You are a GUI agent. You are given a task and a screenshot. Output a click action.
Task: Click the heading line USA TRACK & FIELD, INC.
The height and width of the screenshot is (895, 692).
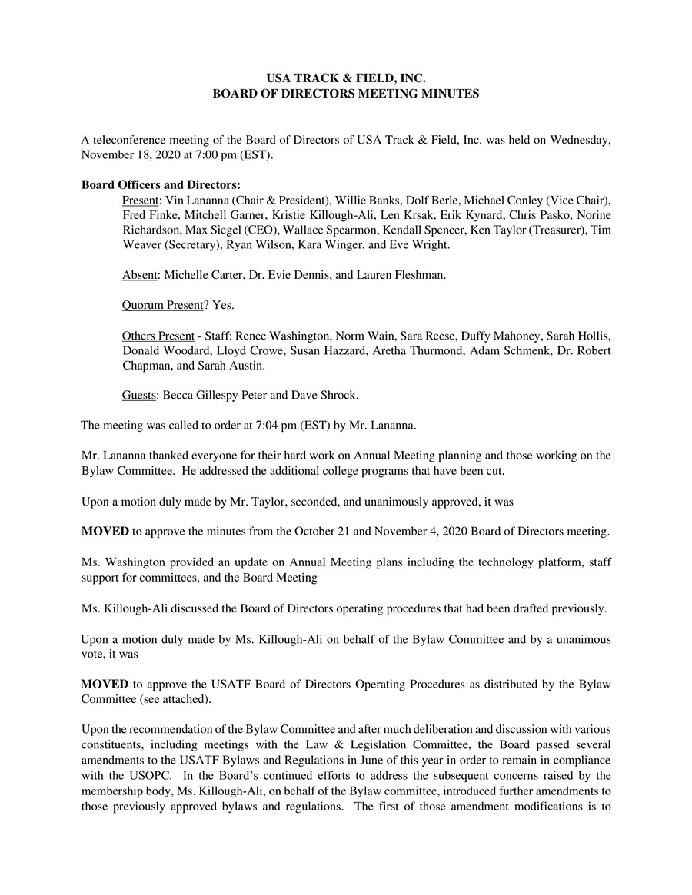coord(345,78)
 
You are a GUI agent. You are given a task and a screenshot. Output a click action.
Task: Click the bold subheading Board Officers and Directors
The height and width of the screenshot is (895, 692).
coord(161,184)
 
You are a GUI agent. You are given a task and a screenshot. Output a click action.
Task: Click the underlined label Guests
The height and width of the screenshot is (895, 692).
coord(139,396)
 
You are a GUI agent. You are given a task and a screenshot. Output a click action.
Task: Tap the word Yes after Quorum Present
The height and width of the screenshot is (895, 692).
coord(224,305)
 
